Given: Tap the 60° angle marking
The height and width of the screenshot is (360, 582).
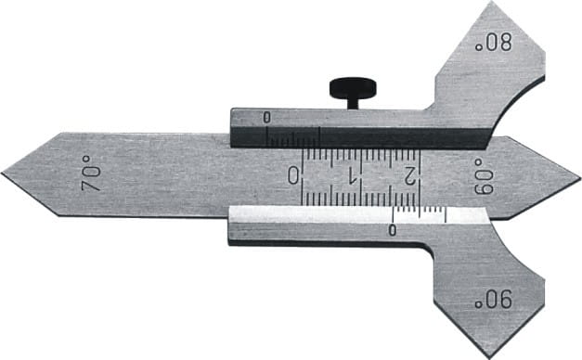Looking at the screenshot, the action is (x=484, y=177).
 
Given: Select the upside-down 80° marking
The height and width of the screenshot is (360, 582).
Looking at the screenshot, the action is (x=494, y=43).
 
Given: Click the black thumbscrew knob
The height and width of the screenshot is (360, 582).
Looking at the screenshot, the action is (x=353, y=88).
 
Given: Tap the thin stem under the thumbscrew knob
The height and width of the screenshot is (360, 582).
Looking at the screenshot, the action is (x=353, y=104).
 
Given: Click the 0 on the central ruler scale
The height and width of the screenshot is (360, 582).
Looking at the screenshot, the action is (x=293, y=175).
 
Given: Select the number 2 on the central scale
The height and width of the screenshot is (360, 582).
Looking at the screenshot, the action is (x=409, y=175).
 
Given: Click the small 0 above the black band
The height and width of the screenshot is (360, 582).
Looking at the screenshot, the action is (x=267, y=118).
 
